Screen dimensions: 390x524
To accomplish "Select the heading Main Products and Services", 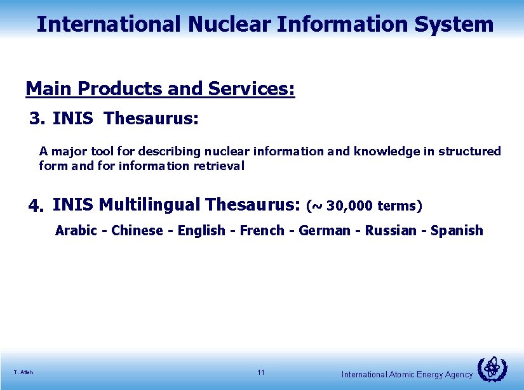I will pyautogui.click(x=160, y=89).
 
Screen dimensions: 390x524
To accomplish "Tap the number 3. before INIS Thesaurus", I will pyautogui.click(x=38, y=119).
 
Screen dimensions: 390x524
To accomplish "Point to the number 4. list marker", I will pyautogui.click(x=37, y=206).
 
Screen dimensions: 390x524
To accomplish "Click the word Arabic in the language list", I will pyautogui.click(x=76, y=230).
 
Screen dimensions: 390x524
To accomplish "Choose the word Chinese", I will pyautogui.click(x=137, y=230).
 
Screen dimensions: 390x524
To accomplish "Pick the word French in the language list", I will pyautogui.click(x=262, y=230).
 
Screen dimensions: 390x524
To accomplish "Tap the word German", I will pyautogui.click(x=324, y=230).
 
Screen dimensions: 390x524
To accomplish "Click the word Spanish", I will pyautogui.click(x=457, y=230).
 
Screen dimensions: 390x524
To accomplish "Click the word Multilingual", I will pyautogui.click(x=149, y=205).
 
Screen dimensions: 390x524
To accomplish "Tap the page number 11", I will pyautogui.click(x=261, y=372).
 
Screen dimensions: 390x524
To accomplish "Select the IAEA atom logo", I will pyautogui.click(x=492, y=369).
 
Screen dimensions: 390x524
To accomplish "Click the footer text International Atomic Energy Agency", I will pyautogui.click(x=407, y=375).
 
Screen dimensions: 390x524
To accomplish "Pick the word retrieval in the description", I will pyautogui.click(x=222, y=166).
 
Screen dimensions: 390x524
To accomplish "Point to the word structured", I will pyautogui.click(x=471, y=152).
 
